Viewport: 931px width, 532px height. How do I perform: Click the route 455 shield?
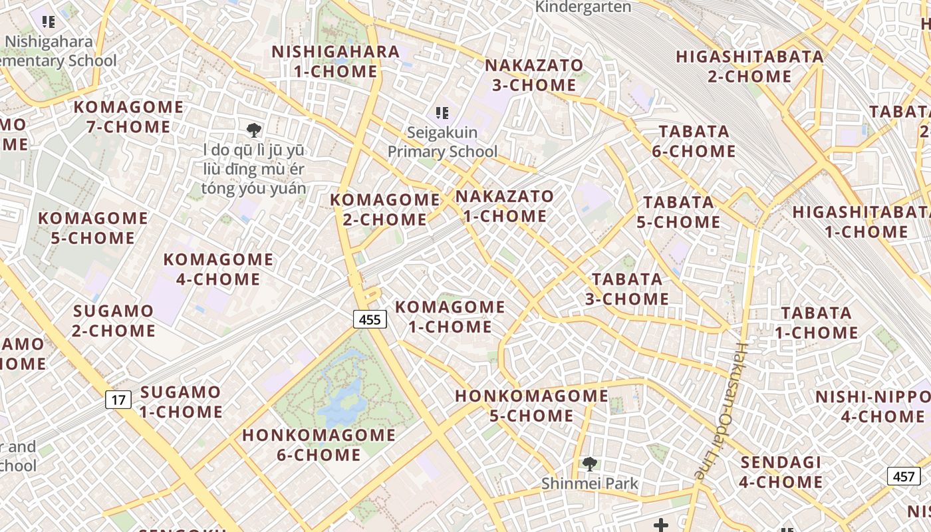tap(369, 320)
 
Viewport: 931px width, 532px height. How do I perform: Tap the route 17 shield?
tap(118, 400)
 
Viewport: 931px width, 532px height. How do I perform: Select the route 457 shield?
tap(904, 476)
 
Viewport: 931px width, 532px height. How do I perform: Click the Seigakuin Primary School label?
tap(442, 142)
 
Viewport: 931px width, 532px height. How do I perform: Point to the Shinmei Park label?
tap(589, 483)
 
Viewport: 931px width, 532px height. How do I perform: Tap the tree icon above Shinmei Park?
tap(589, 464)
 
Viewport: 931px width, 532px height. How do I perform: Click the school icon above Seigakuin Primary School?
tap(442, 113)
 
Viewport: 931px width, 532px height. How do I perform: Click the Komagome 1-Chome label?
tap(450, 317)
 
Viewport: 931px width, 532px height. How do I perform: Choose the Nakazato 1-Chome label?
tap(505, 206)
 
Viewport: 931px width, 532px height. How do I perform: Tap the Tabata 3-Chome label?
tap(627, 289)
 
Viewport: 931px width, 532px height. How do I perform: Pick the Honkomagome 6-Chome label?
tap(319, 445)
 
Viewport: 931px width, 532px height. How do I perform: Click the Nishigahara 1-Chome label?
tap(335, 61)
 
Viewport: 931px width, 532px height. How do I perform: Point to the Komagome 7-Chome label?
tap(128, 116)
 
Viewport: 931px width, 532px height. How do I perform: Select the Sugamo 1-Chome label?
tap(180, 402)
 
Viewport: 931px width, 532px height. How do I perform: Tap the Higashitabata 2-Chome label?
tap(749, 66)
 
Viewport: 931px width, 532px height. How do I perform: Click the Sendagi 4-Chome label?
tap(781, 471)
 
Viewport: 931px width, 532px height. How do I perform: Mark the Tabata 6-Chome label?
tap(694, 141)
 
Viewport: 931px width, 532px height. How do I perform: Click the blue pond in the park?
tap(342, 396)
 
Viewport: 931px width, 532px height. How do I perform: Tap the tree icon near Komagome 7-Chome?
tap(253, 130)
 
